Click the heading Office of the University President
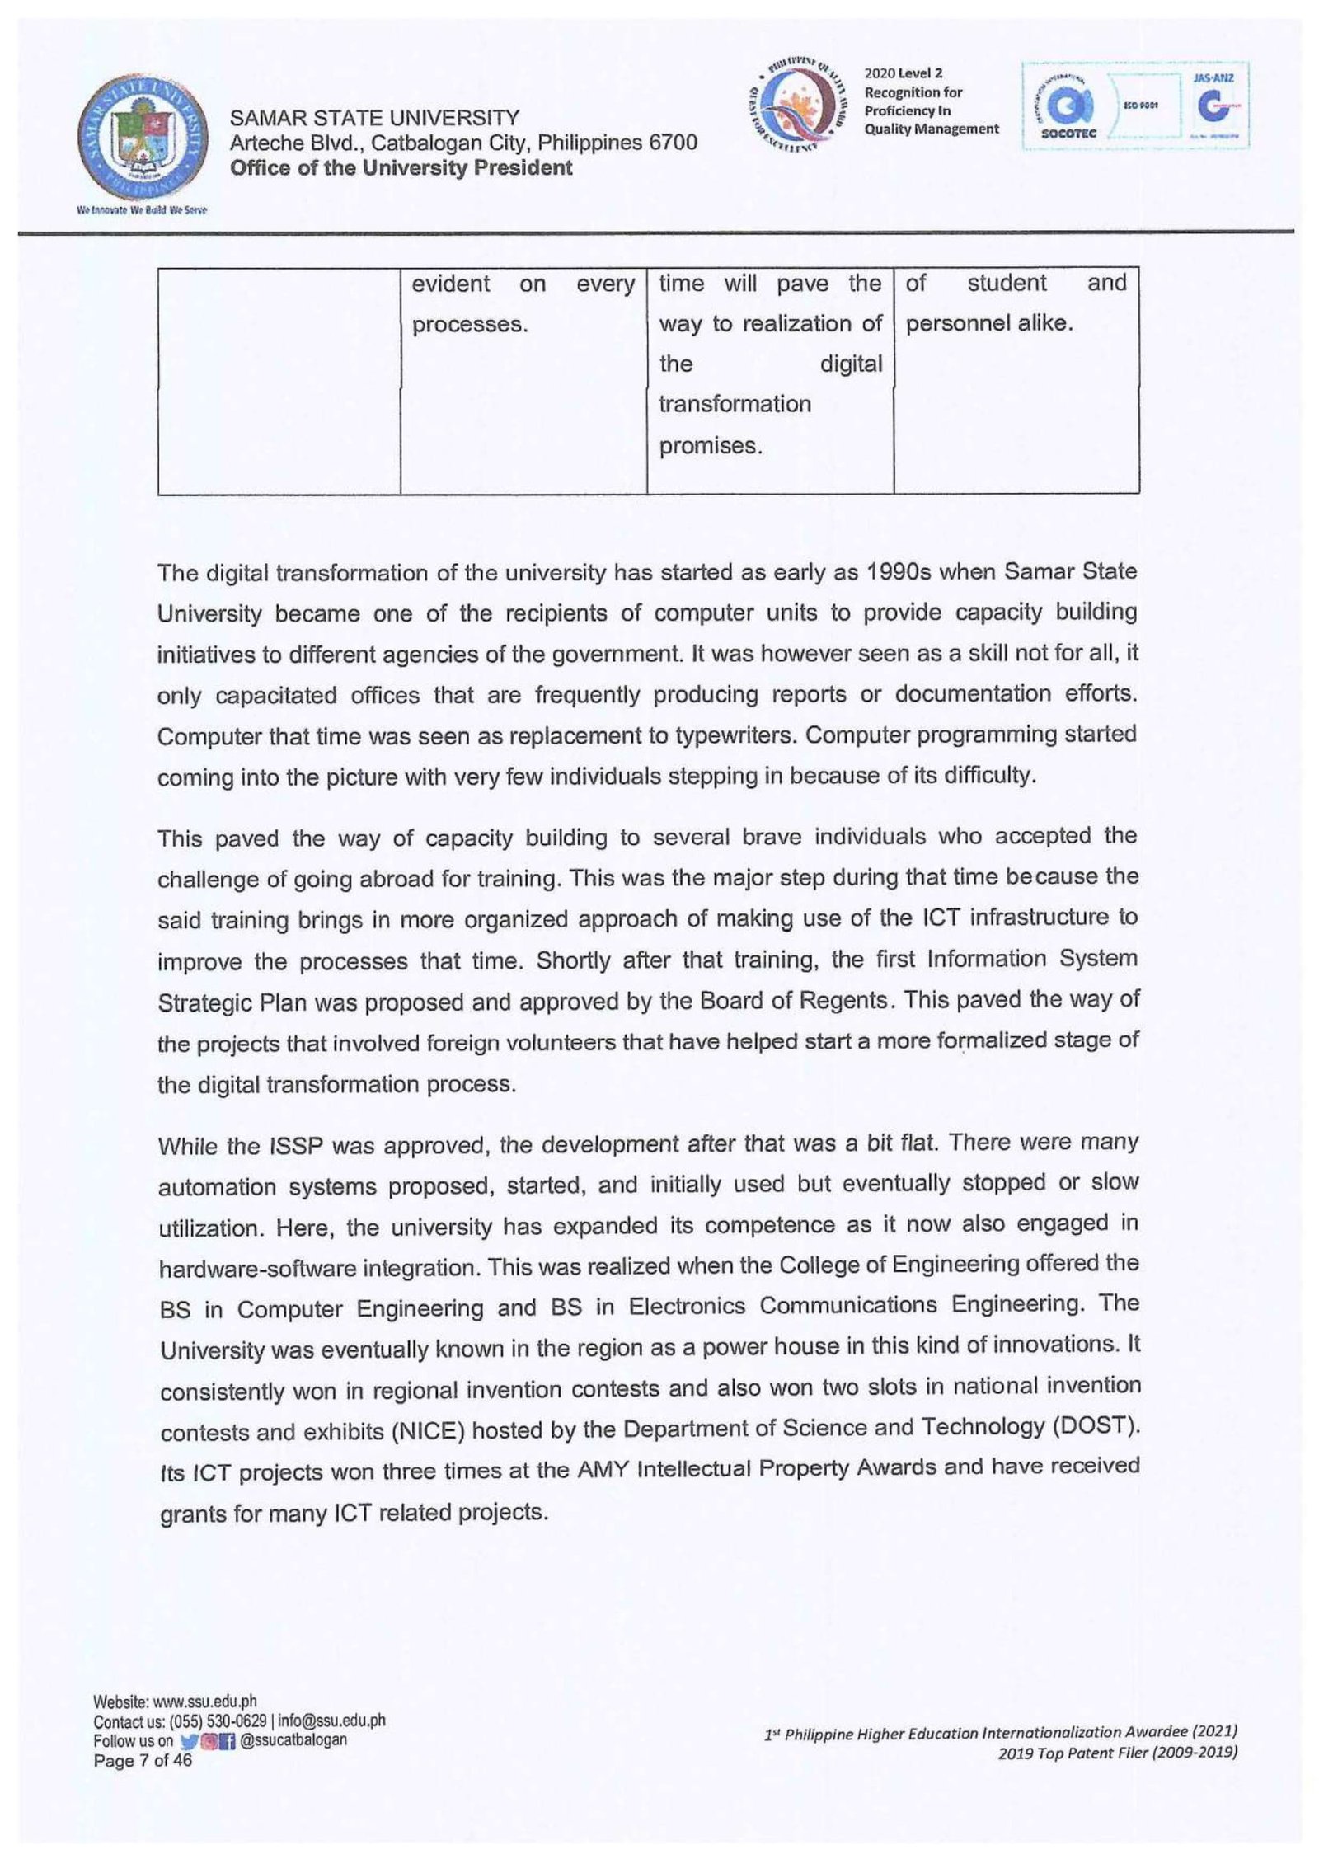[x=401, y=168]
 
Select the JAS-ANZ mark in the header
[x=1213, y=106]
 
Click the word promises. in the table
[x=710, y=446]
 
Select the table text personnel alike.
[x=988, y=323]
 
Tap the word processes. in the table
[x=469, y=325]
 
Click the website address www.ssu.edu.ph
[x=204, y=1701]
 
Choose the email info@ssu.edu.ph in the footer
[x=331, y=1721]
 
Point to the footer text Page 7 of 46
[x=143, y=1761]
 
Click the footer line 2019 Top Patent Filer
[x=1117, y=1753]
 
